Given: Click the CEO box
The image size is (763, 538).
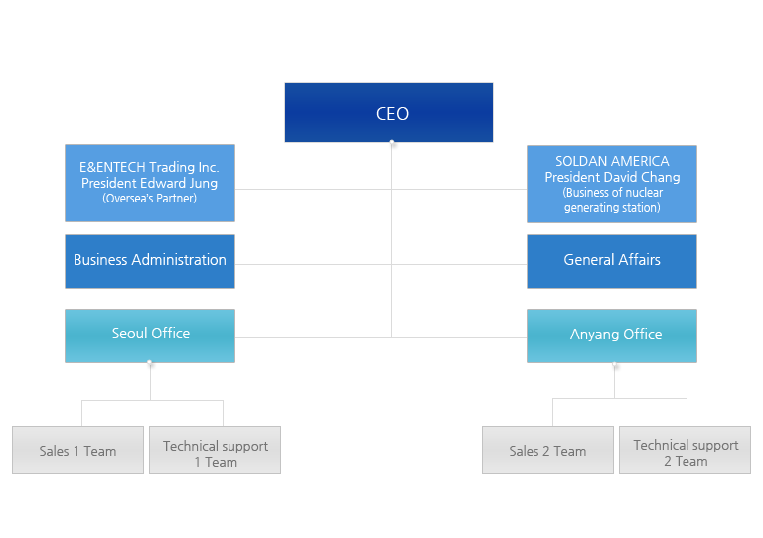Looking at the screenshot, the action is pyautogui.click(x=388, y=113).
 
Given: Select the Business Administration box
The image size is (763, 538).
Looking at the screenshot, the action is pyautogui.click(x=150, y=261).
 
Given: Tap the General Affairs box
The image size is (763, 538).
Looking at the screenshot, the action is pyautogui.click(x=612, y=261).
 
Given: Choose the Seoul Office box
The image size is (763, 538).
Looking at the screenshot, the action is pyautogui.click(x=150, y=336).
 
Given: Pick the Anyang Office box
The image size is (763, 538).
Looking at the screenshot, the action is pyautogui.click(x=612, y=336).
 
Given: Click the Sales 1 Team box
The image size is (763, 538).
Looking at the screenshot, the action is pyautogui.click(x=77, y=450).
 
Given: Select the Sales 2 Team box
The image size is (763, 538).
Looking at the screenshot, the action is pyautogui.click(x=548, y=450).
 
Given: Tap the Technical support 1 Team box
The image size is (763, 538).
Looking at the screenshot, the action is pyautogui.click(x=215, y=450).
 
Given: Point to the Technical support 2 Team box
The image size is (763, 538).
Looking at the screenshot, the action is pyautogui.click(x=686, y=450).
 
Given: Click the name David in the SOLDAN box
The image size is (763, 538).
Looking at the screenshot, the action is pyautogui.click(x=617, y=177).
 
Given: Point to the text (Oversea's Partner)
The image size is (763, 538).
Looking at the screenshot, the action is pyautogui.click(x=149, y=199).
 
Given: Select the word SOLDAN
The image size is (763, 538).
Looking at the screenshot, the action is pyautogui.click(x=579, y=161).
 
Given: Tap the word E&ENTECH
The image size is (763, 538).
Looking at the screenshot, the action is pyautogui.click(x=112, y=167).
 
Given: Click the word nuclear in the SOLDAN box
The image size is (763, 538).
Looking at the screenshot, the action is pyautogui.click(x=645, y=193).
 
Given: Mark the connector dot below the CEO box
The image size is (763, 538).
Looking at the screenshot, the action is pyautogui.click(x=392, y=142).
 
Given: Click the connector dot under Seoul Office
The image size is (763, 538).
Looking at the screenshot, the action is pyautogui.click(x=150, y=362).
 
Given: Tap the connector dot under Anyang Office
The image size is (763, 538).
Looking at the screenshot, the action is pyautogui.click(x=614, y=363).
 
